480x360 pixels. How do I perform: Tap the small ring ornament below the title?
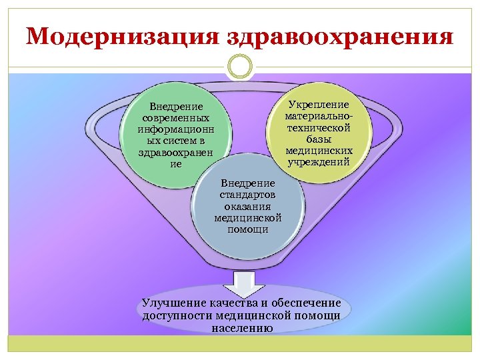tap(240, 66)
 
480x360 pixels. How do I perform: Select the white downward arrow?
tap(240, 284)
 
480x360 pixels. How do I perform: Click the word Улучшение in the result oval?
tap(174, 303)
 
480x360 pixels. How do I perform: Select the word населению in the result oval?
tap(241, 327)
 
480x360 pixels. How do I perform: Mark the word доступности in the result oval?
tap(177, 315)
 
